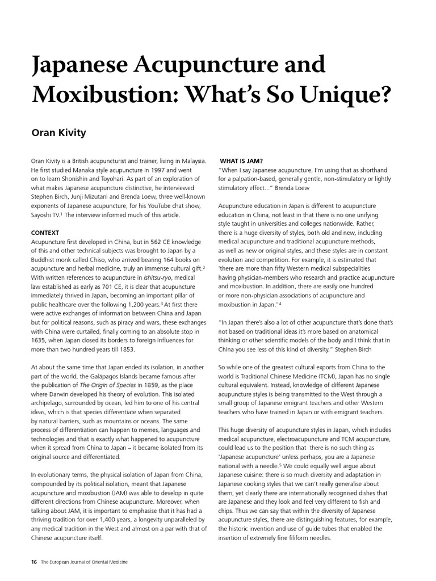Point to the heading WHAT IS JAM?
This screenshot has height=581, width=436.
[x=241, y=161]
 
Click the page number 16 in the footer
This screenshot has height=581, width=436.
[x=34, y=562]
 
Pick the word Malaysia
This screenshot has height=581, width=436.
[x=190, y=161]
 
